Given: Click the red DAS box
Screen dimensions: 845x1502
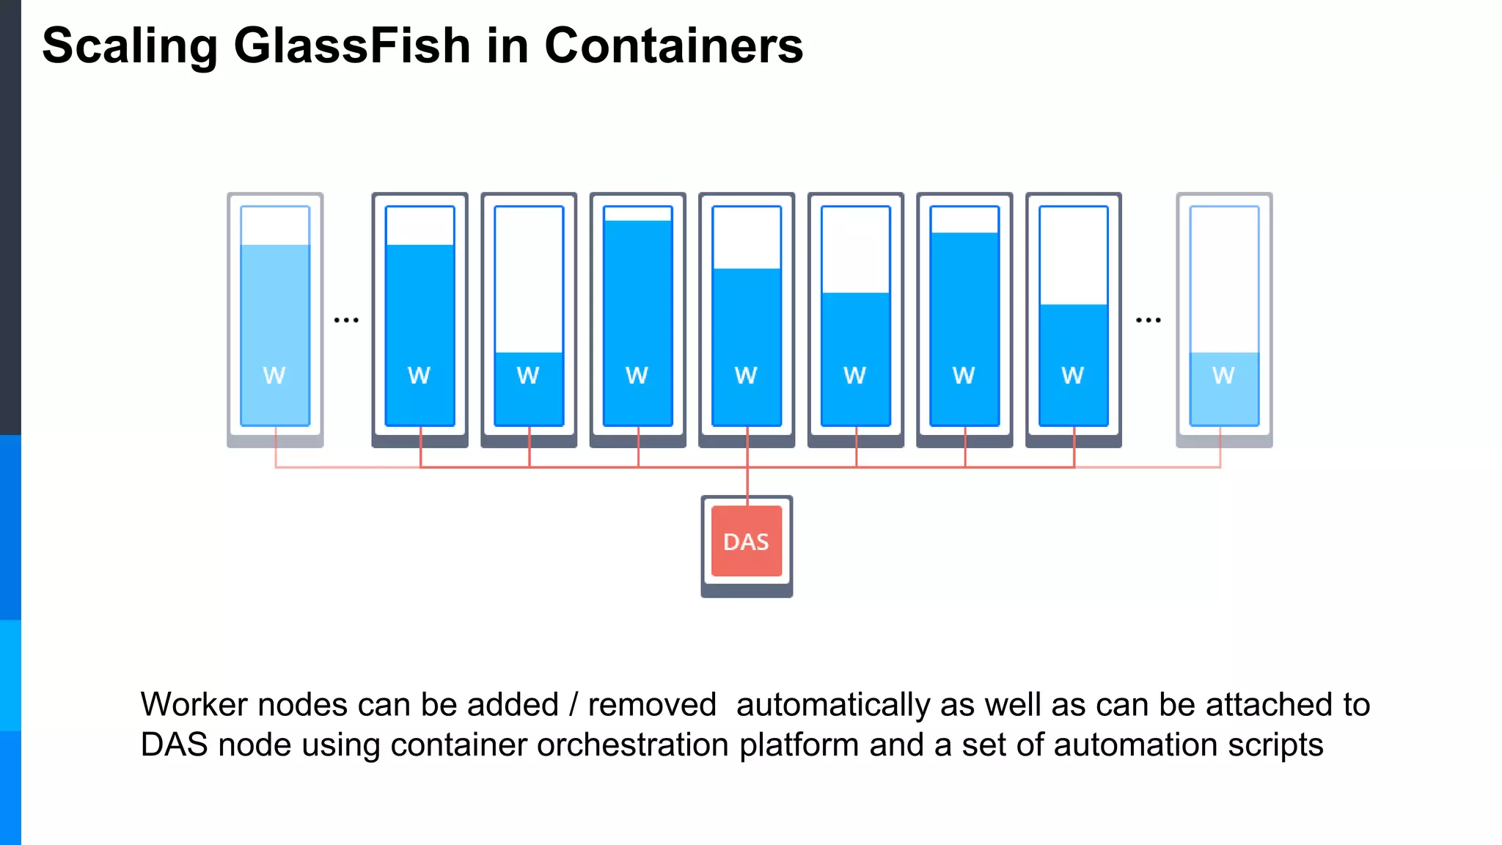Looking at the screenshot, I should (x=747, y=541).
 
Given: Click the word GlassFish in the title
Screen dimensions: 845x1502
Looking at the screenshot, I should (x=352, y=45).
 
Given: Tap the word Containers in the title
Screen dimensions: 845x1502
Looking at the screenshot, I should (x=673, y=45).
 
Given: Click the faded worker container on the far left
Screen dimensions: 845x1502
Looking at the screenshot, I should (x=275, y=319).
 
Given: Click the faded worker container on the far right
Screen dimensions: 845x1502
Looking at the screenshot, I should (x=1224, y=319).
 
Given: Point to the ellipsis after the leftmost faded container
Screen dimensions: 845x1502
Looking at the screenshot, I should (x=346, y=320).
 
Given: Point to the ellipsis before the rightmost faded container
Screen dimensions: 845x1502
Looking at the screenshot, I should (x=1148, y=320).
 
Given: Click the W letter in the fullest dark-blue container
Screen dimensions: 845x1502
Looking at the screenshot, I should (x=637, y=376).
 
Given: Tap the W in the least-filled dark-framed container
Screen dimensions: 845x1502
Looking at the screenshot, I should (x=528, y=376).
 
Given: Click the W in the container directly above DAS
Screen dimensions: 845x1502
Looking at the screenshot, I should (x=746, y=376).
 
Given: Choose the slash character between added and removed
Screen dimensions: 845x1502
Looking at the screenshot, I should (x=574, y=705).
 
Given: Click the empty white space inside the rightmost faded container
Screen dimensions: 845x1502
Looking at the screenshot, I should (x=1224, y=279).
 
